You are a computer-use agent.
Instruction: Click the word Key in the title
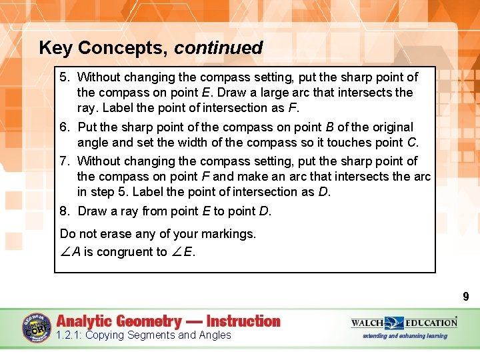pyautogui.click(x=55, y=48)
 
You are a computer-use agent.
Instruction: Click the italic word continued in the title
pyautogui.click(x=219, y=48)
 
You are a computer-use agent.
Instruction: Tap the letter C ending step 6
pyautogui.click(x=413, y=142)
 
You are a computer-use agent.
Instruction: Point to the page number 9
pyautogui.click(x=466, y=297)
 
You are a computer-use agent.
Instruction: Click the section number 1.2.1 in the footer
pyautogui.click(x=68, y=335)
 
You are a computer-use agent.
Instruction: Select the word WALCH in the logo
pyautogui.click(x=367, y=323)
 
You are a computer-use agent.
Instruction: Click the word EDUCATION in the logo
pyautogui.click(x=431, y=323)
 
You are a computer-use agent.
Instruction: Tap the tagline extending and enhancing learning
pyautogui.click(x=405, y=335)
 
